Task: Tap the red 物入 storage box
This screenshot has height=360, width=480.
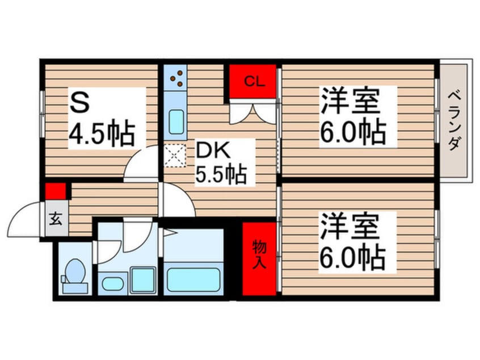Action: [259, 258]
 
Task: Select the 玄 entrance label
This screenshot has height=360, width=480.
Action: [56, 217]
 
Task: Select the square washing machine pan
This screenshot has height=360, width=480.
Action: [143, 279]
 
